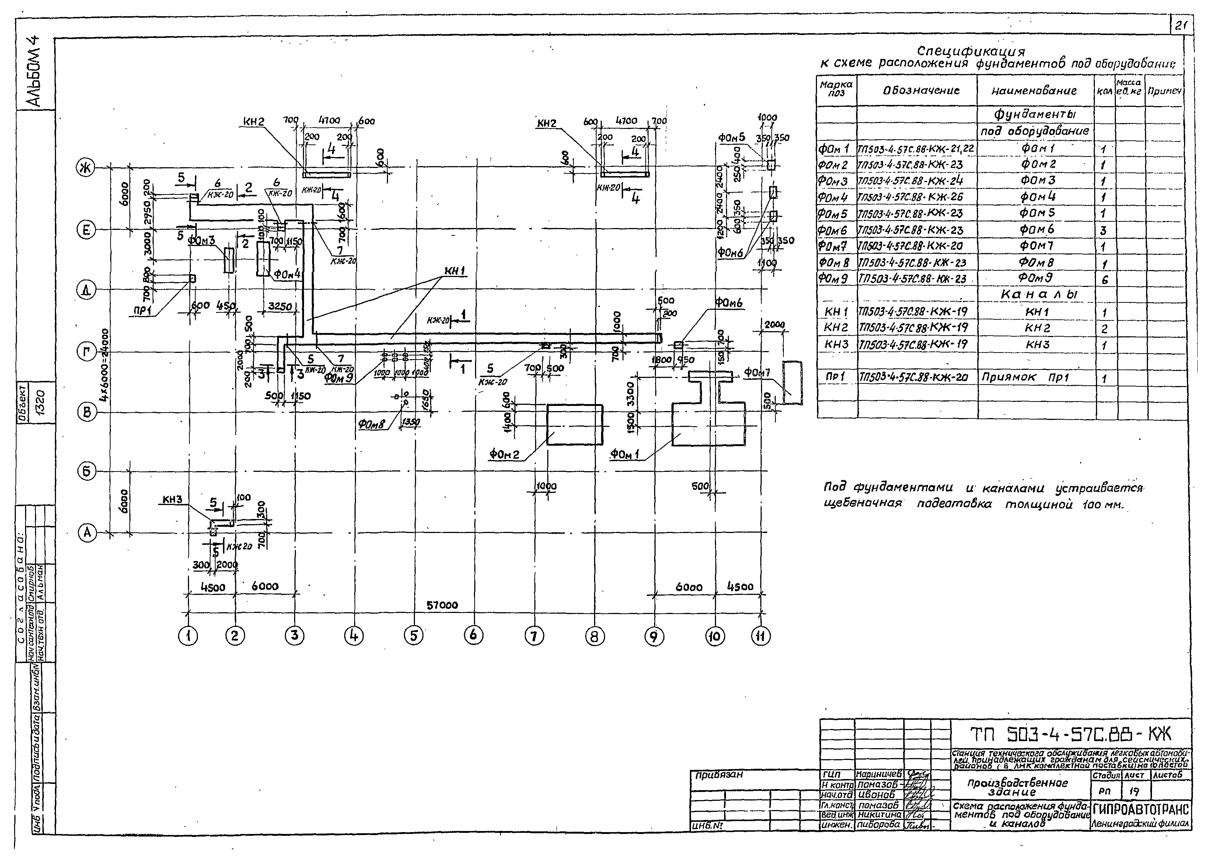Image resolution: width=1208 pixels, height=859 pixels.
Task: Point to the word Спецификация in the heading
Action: (x=970, y=51)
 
